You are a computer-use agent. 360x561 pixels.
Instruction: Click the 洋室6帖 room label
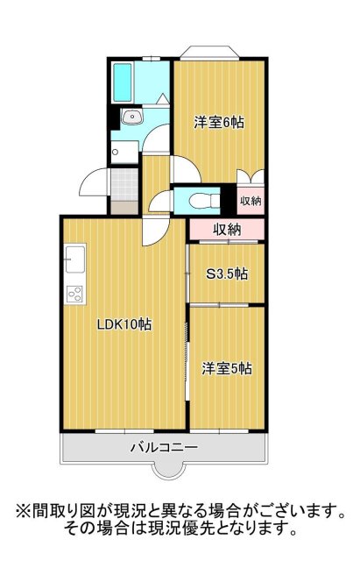point(219,123)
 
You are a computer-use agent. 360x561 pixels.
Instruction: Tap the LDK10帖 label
point(124,324)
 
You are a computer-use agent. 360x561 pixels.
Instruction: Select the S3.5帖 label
point(226,273)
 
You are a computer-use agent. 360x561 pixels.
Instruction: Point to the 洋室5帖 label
point(227,369)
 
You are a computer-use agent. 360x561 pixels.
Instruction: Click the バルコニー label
point(164,447)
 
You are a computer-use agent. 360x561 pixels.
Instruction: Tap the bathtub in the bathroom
point(123,82)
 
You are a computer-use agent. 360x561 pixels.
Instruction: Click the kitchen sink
point(74,260)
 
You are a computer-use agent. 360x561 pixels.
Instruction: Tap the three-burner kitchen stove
point(74,295)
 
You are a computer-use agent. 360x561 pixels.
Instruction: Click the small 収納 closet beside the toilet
point(251,201)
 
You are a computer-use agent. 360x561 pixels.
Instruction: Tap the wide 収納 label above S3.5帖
point(228,230)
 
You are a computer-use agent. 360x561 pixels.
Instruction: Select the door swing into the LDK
point(156,231)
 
